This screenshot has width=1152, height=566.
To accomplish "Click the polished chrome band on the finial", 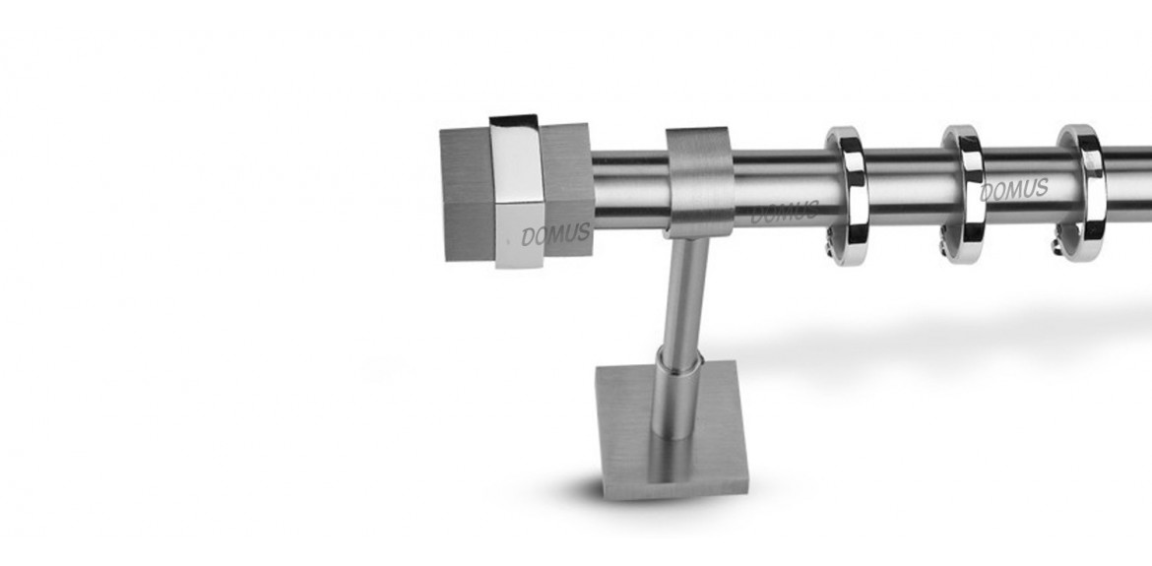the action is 517,191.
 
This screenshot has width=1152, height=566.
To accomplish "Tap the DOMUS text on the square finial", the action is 555,235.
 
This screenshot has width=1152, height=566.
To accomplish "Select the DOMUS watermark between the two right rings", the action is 1014,189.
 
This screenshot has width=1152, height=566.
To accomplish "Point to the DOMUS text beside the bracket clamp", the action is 784,213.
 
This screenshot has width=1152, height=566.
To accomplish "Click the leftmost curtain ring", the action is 854,195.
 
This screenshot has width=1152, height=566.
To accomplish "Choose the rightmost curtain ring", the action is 1093,191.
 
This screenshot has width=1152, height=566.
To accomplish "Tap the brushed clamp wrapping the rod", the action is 700,182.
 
